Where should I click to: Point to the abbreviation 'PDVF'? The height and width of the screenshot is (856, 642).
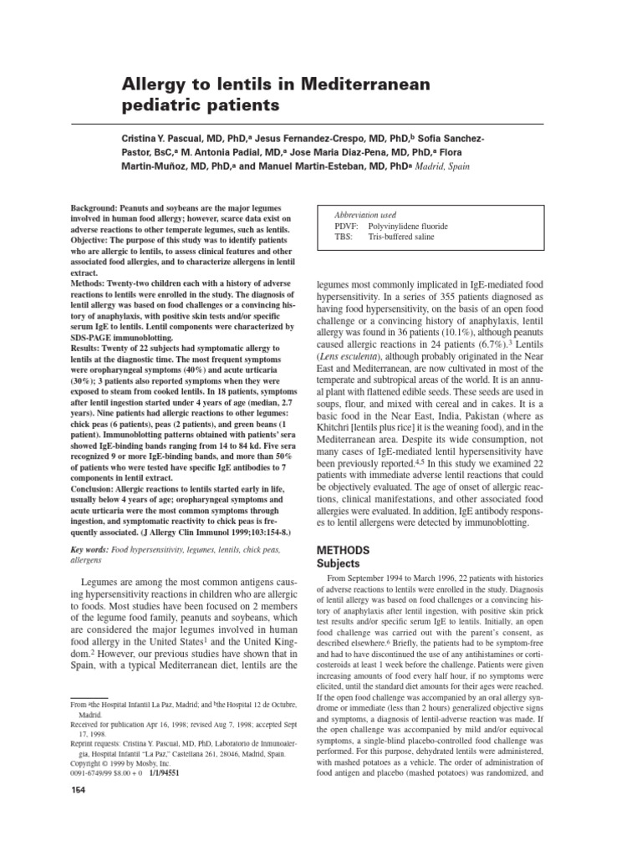pos(347,226)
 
